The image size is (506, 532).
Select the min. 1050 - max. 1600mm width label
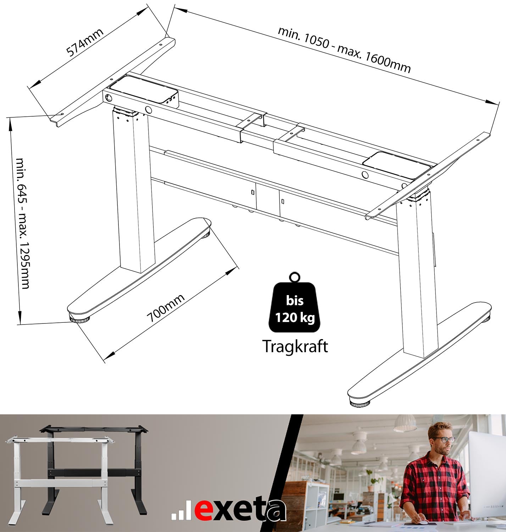coord(344,50)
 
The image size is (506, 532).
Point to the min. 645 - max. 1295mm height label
coord(23,223)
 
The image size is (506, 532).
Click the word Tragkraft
coord(295,346)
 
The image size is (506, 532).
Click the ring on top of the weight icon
coord(295,277)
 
